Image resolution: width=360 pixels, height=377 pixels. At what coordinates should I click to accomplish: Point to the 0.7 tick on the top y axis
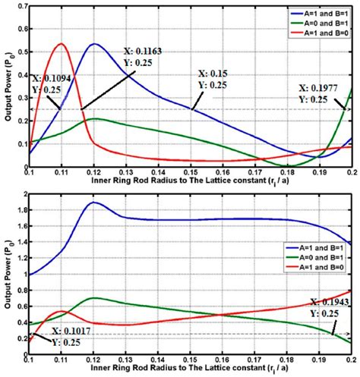(20, 7)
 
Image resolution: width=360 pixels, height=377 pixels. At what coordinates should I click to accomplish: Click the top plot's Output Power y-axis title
(7, 87)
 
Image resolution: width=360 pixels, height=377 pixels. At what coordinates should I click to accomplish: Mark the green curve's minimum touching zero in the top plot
(287, 165)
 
